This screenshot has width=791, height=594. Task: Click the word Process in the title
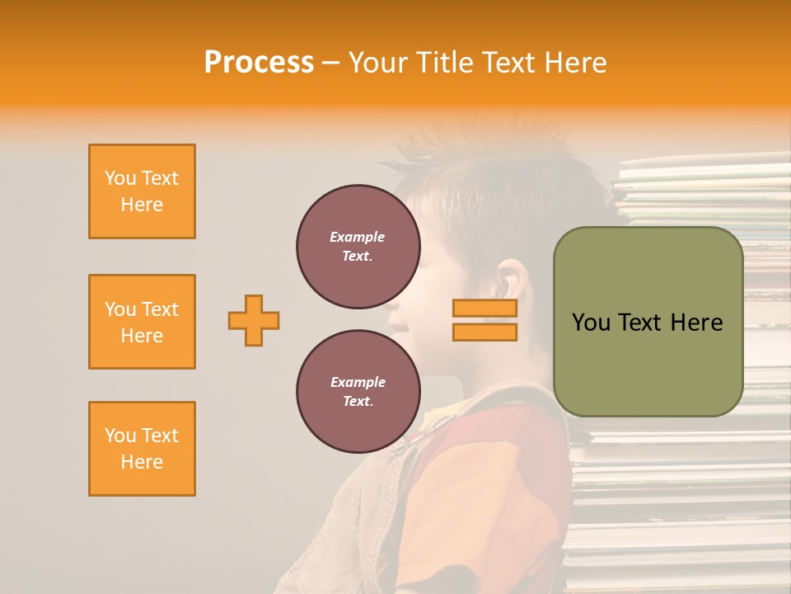coord(259,63)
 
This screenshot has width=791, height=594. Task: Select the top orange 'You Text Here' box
coord(142,191)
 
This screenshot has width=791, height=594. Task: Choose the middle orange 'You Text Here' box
coord(142,322)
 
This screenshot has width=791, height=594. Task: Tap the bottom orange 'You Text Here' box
coord(142,449)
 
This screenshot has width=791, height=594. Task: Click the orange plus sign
coord(254,320)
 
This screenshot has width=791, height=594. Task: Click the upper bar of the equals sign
coord(484,309)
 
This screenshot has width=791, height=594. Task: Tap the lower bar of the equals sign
coord(484,332)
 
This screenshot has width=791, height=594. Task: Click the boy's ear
coord(513,280)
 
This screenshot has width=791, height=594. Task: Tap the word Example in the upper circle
coord(358,237)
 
